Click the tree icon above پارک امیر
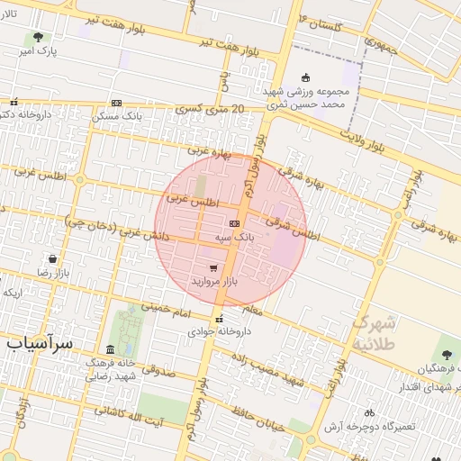[38, 38]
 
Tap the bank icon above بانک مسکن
[115, 104]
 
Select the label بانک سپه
[234, 237]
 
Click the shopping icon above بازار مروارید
[212, 267]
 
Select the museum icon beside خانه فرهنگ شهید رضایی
[110, 350]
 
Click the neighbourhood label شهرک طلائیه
[374, 332]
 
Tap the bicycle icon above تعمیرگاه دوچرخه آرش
[370, 411]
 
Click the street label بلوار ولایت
[364, 140]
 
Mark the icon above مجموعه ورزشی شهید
[305, 77]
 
